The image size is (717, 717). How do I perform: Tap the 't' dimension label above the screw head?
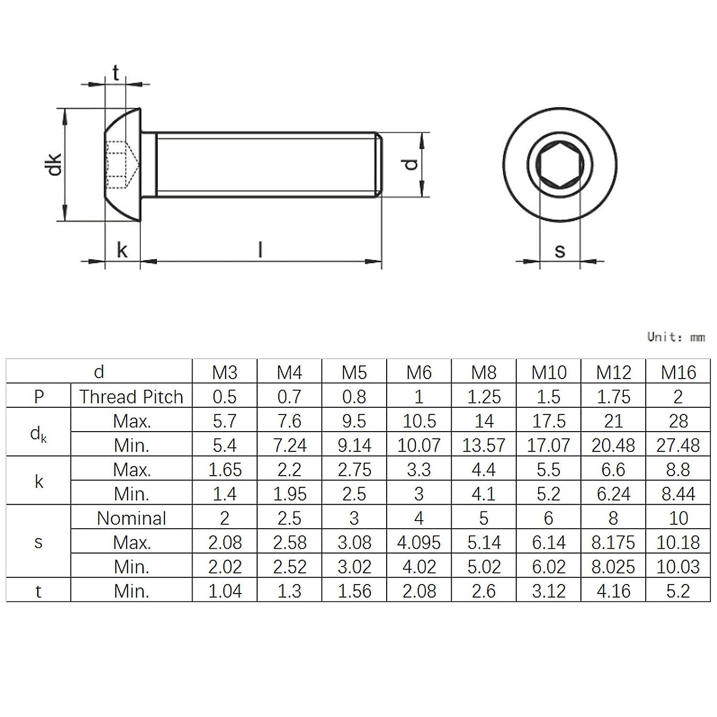point(116,73)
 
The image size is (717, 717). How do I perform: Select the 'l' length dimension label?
point(260,250)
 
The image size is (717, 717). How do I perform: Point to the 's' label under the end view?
point(560,250)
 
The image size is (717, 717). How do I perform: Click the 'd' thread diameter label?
point(411,164)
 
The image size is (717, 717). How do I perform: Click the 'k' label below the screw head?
point(122,250)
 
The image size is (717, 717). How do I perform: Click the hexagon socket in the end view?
point(560,164)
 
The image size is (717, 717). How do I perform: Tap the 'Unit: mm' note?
point(676,337)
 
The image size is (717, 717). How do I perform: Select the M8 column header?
point(484,372)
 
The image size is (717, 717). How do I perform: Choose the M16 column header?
point(678,372)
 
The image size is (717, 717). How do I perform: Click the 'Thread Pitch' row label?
point(131,397)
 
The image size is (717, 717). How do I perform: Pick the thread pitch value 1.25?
point(484,397)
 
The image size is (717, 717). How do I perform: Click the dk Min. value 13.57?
point(484,445)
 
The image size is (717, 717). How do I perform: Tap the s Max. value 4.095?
point(419,543)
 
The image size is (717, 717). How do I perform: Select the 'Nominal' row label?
point(131,518)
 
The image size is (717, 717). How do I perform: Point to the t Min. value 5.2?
point(678,591)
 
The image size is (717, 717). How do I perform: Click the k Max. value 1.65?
point(225,470)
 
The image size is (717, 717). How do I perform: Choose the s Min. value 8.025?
point(613,567)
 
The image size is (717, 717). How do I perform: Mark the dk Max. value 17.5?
point(549,421)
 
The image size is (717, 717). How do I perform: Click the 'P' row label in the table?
point(39,397)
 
